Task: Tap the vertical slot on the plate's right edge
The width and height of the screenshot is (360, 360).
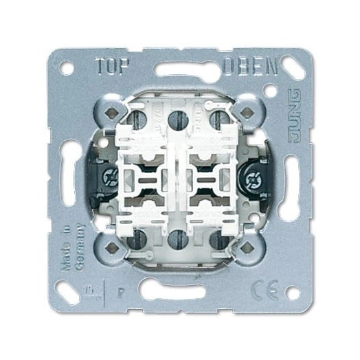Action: pyautogui.click(x=290, y=180)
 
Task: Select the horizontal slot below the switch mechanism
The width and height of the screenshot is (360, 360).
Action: pyautogui.click(x=180, y=289)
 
